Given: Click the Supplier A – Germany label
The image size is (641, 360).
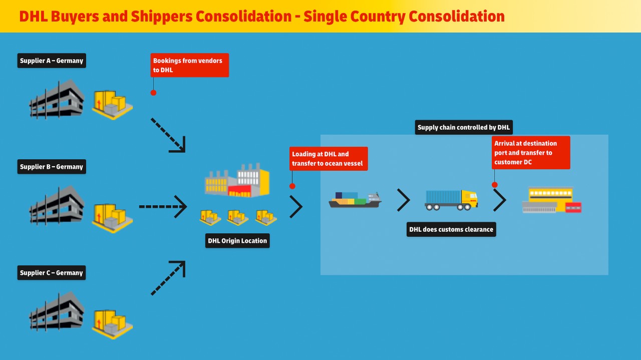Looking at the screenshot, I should [x=52, y=61].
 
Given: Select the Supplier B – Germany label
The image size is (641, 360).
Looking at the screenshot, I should [x=52, y=167].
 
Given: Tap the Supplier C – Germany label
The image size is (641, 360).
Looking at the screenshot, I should [x=52, y=273].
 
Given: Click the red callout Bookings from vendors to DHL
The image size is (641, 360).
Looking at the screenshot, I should [x=190, y=65].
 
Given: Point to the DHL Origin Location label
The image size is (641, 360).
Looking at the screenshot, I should [x=238, y=241].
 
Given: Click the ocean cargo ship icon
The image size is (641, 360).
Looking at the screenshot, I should [x=355, y=200].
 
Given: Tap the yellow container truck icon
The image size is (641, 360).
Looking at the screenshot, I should [x=451, y=200].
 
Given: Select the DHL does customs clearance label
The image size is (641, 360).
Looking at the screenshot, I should [x=451, y=229].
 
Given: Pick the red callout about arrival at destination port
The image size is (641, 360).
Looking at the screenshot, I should [x=531, y=153].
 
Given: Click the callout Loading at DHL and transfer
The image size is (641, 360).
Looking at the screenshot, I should [x=329, y=159].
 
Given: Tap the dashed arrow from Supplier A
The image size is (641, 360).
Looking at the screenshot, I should [x=168, y=135].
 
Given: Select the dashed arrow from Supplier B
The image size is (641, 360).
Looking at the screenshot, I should [x=163, y=206].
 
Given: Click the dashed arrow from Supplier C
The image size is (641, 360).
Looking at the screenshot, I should [x=168, y=278].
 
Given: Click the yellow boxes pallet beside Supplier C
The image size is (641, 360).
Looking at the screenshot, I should [x=112, y=324].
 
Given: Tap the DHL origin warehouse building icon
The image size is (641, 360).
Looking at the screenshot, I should [x=237, y=180].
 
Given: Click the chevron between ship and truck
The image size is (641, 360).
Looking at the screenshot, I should [x=403, y=200].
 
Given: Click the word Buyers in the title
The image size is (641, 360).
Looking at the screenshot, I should [x=76, y=17].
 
